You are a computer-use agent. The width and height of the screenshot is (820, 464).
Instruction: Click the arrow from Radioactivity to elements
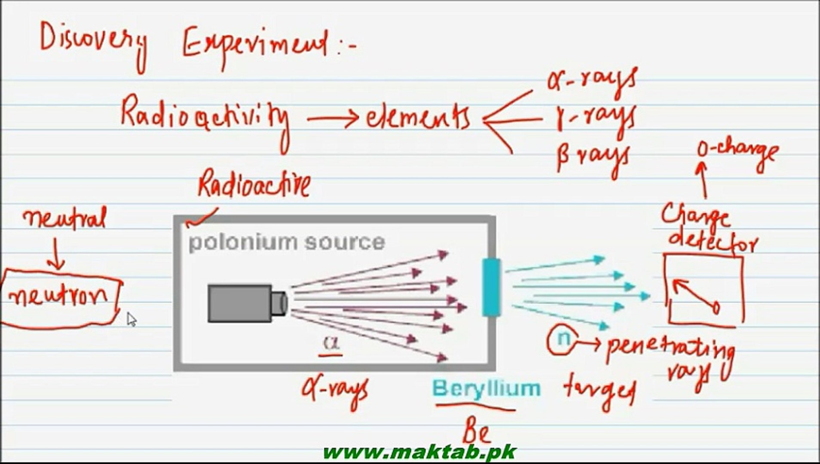[x=333, y=117]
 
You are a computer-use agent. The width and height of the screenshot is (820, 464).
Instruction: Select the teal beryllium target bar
[x=491, y=287]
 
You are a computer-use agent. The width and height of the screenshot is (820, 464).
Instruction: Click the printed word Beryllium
[x=486, y=388]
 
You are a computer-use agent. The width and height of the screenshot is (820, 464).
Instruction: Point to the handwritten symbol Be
[x=476, y=431]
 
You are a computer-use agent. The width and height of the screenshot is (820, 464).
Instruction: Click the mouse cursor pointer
[x=131, y=319]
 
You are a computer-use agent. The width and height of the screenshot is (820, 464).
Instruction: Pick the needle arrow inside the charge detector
[x=695, y=295]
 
